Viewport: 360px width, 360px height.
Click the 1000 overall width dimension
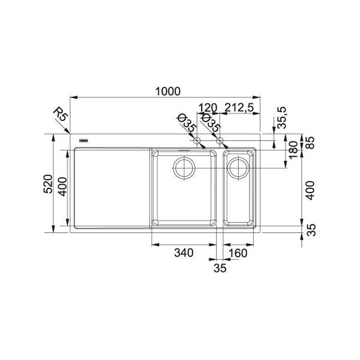(168, 91)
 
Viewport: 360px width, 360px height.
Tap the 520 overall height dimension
(48, 184)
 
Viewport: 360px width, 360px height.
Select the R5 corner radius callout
(61, 115)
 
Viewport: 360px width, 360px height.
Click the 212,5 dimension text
(239, 107)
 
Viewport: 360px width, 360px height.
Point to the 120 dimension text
(208, 107)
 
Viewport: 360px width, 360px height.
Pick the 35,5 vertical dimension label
(282, 118)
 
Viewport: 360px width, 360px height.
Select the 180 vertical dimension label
(293, 150)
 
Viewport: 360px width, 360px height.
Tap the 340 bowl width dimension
(184, 253)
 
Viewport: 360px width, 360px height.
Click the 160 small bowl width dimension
(238, 253)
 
